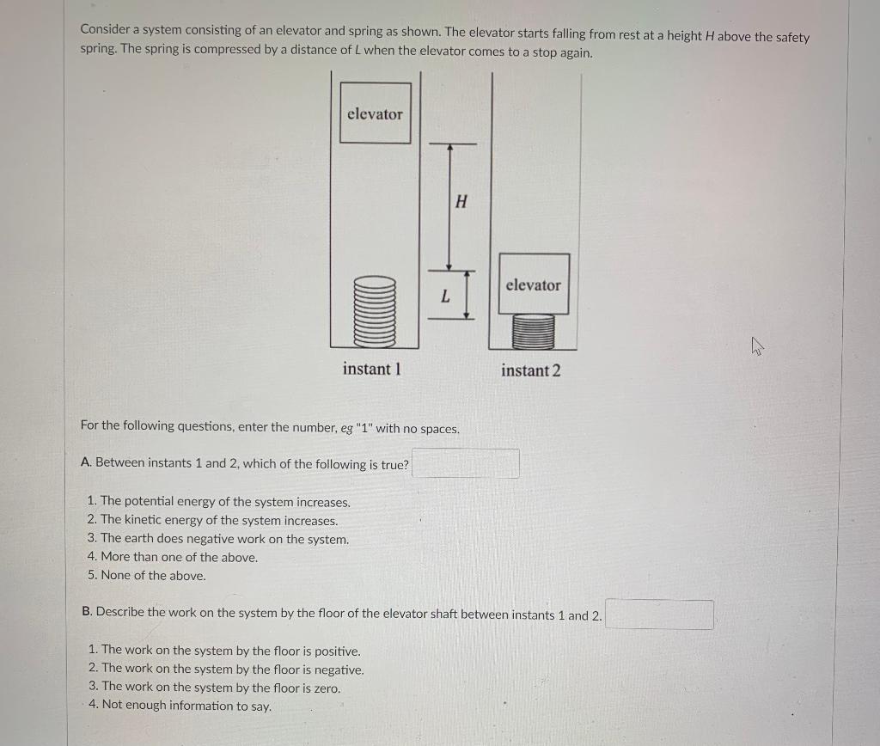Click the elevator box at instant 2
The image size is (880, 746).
coord(533,284)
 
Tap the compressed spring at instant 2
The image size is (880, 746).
coord(533,332)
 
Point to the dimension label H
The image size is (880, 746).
coord(461,203)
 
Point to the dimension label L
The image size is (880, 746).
coord(444,297)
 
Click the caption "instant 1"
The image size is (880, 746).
coord(371,369)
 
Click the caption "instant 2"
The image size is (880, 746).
coord(530,370)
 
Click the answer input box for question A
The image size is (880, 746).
coord(465,463)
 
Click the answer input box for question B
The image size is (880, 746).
coord(659,615)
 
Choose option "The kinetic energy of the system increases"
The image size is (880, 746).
coord(219,520)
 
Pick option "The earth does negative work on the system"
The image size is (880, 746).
coord(224,539)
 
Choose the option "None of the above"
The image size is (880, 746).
coord(153,576)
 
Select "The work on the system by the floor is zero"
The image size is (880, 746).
coord(220,688)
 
